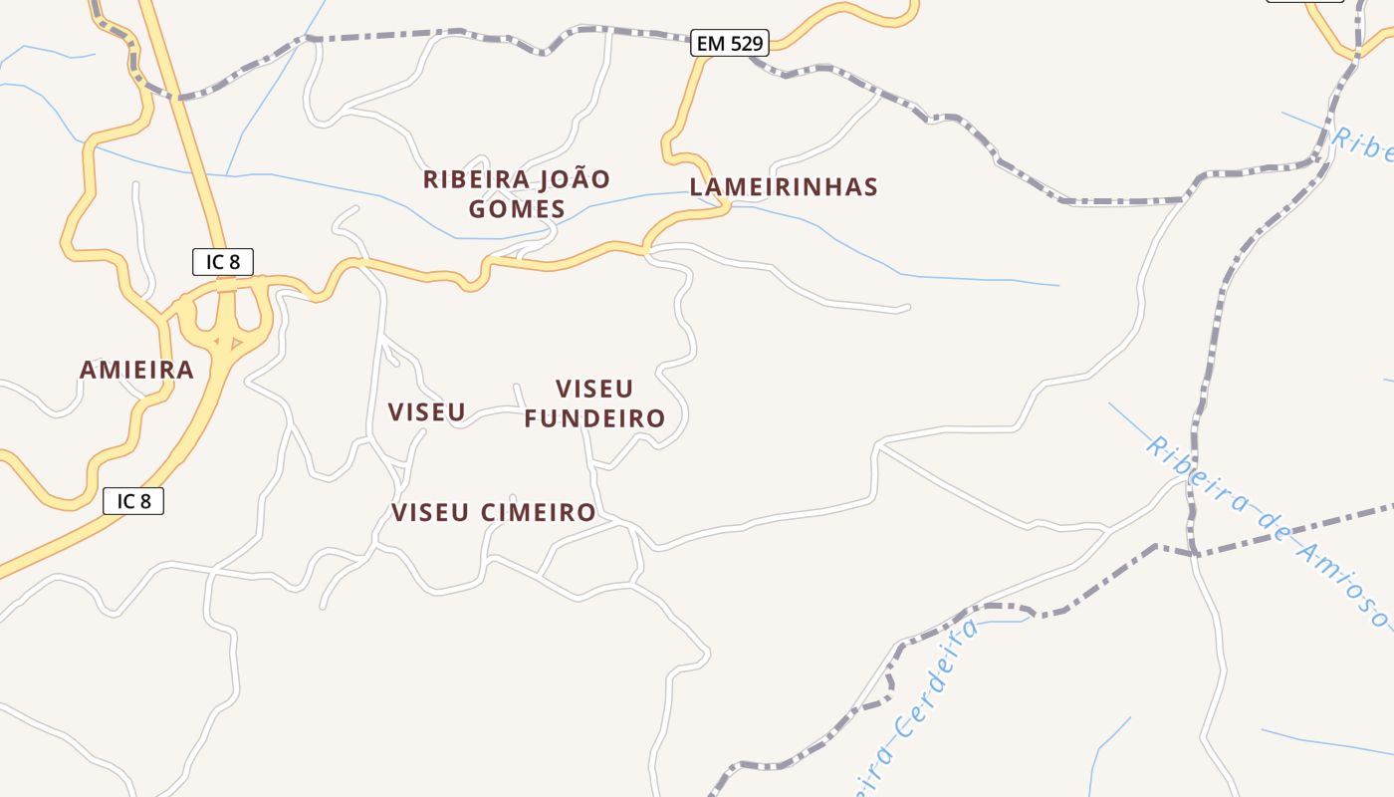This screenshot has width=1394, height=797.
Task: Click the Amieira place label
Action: pyautogui.click(x=136, y=370)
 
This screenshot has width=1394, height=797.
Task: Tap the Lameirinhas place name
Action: pyautogui.click(x=784, y=187)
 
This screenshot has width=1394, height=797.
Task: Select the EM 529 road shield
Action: pyautogui.click(x=730, y=43)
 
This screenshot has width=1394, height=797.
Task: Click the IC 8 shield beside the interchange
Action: pyautogui.click(x=223, y=262)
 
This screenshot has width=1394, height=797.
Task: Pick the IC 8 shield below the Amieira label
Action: pyautogui.click(x=133, y=501)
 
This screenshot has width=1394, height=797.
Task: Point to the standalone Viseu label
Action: pyautogui.click(x=426, y=411)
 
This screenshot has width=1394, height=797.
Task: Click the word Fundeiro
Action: pyautogui.click(x=594, y=418)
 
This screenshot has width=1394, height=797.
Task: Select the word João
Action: pyautogui.click(x=576, y=180)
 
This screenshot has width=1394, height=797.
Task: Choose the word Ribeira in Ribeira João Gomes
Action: pyautogui.click(x=476, y=180)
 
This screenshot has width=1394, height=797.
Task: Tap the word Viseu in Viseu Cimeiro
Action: pyautogui.click(x=430, y=513)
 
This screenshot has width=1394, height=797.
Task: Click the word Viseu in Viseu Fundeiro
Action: pyautogui.click(x=594, y=389)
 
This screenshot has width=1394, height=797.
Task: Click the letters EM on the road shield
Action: pyautogui.click(x=711, y=43)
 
